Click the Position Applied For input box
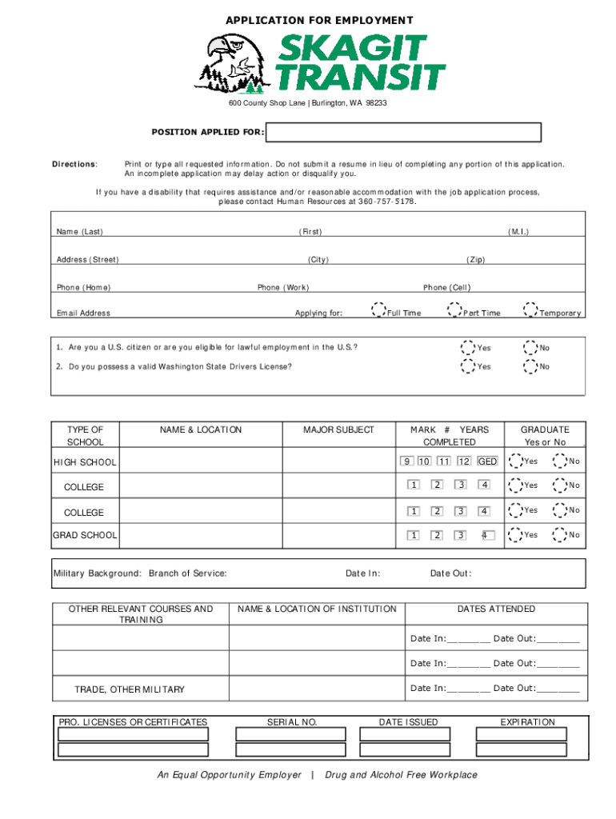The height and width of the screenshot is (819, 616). click(404, 132)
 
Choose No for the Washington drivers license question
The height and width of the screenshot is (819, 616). click(530, 366)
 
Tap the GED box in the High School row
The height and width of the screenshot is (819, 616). click(487, 461)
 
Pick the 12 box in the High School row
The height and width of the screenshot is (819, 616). click(464, 461)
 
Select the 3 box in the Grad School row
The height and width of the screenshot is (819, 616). click(461, 535)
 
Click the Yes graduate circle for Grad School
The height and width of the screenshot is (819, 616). click(514, 535)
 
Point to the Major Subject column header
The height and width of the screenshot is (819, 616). click(338, 429)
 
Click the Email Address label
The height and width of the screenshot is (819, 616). click(83, 314)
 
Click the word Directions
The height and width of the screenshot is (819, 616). click(74, 164)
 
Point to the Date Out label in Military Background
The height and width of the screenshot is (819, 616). click(450, 573)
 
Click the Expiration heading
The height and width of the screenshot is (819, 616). click(527, 722)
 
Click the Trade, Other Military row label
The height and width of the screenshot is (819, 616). click(130, 689)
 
